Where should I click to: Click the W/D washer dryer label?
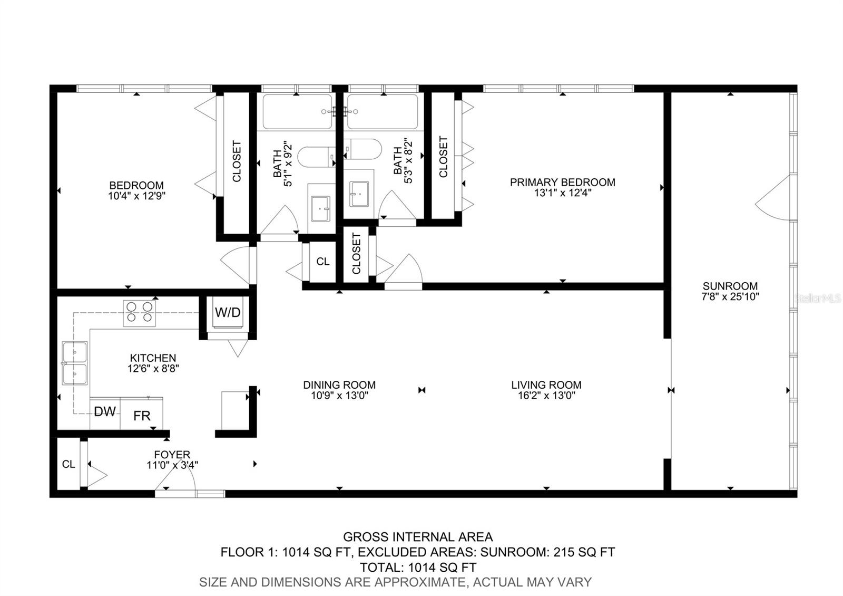click(x=228, y=313)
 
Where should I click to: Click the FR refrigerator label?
click(x=142, y=416)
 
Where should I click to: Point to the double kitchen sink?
click(x=74, y=363)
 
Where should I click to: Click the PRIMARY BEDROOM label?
click(x=562, y=182)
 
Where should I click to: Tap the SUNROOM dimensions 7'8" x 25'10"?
click(x=730, y=297)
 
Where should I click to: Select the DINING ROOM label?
click(x=339, y=385)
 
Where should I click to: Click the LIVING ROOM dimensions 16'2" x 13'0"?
click(x=546, y=396)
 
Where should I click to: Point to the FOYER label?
click(x=172, y=455)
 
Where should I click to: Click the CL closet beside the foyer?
click(x=68, y=464)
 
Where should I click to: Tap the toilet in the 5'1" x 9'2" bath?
click(x=315, y=157)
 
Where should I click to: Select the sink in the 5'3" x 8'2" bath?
click(x=359, y=194)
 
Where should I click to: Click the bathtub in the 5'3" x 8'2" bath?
click(x=383, y=112)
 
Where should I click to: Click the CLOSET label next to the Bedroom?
click(x=237, y=161)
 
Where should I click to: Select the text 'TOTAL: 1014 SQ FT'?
click(x=418, y=568)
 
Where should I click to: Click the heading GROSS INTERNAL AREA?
click(x=418, y=537)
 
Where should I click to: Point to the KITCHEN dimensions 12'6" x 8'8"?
click(x=153, y=369)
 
